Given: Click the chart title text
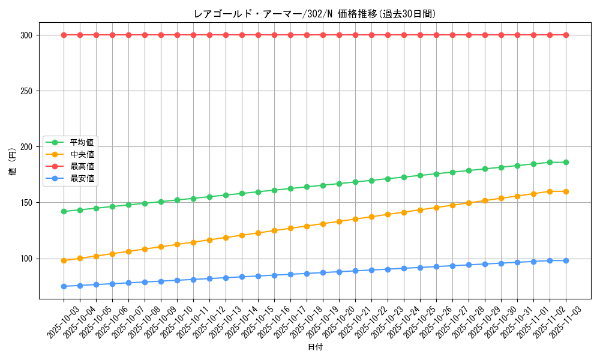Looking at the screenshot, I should [314, 14].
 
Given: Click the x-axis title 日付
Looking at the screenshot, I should [315, 347].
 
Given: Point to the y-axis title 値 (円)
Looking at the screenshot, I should [12, 163].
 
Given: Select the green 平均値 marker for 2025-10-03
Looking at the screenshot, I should [64, 211].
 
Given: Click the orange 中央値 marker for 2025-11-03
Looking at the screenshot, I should [566, 191].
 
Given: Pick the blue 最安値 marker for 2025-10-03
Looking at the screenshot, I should [64, 286].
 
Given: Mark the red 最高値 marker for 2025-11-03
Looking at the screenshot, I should [566, 35].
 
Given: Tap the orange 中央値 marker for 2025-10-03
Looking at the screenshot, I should [64, 260].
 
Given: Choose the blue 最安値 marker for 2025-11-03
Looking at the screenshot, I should [566, 260].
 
